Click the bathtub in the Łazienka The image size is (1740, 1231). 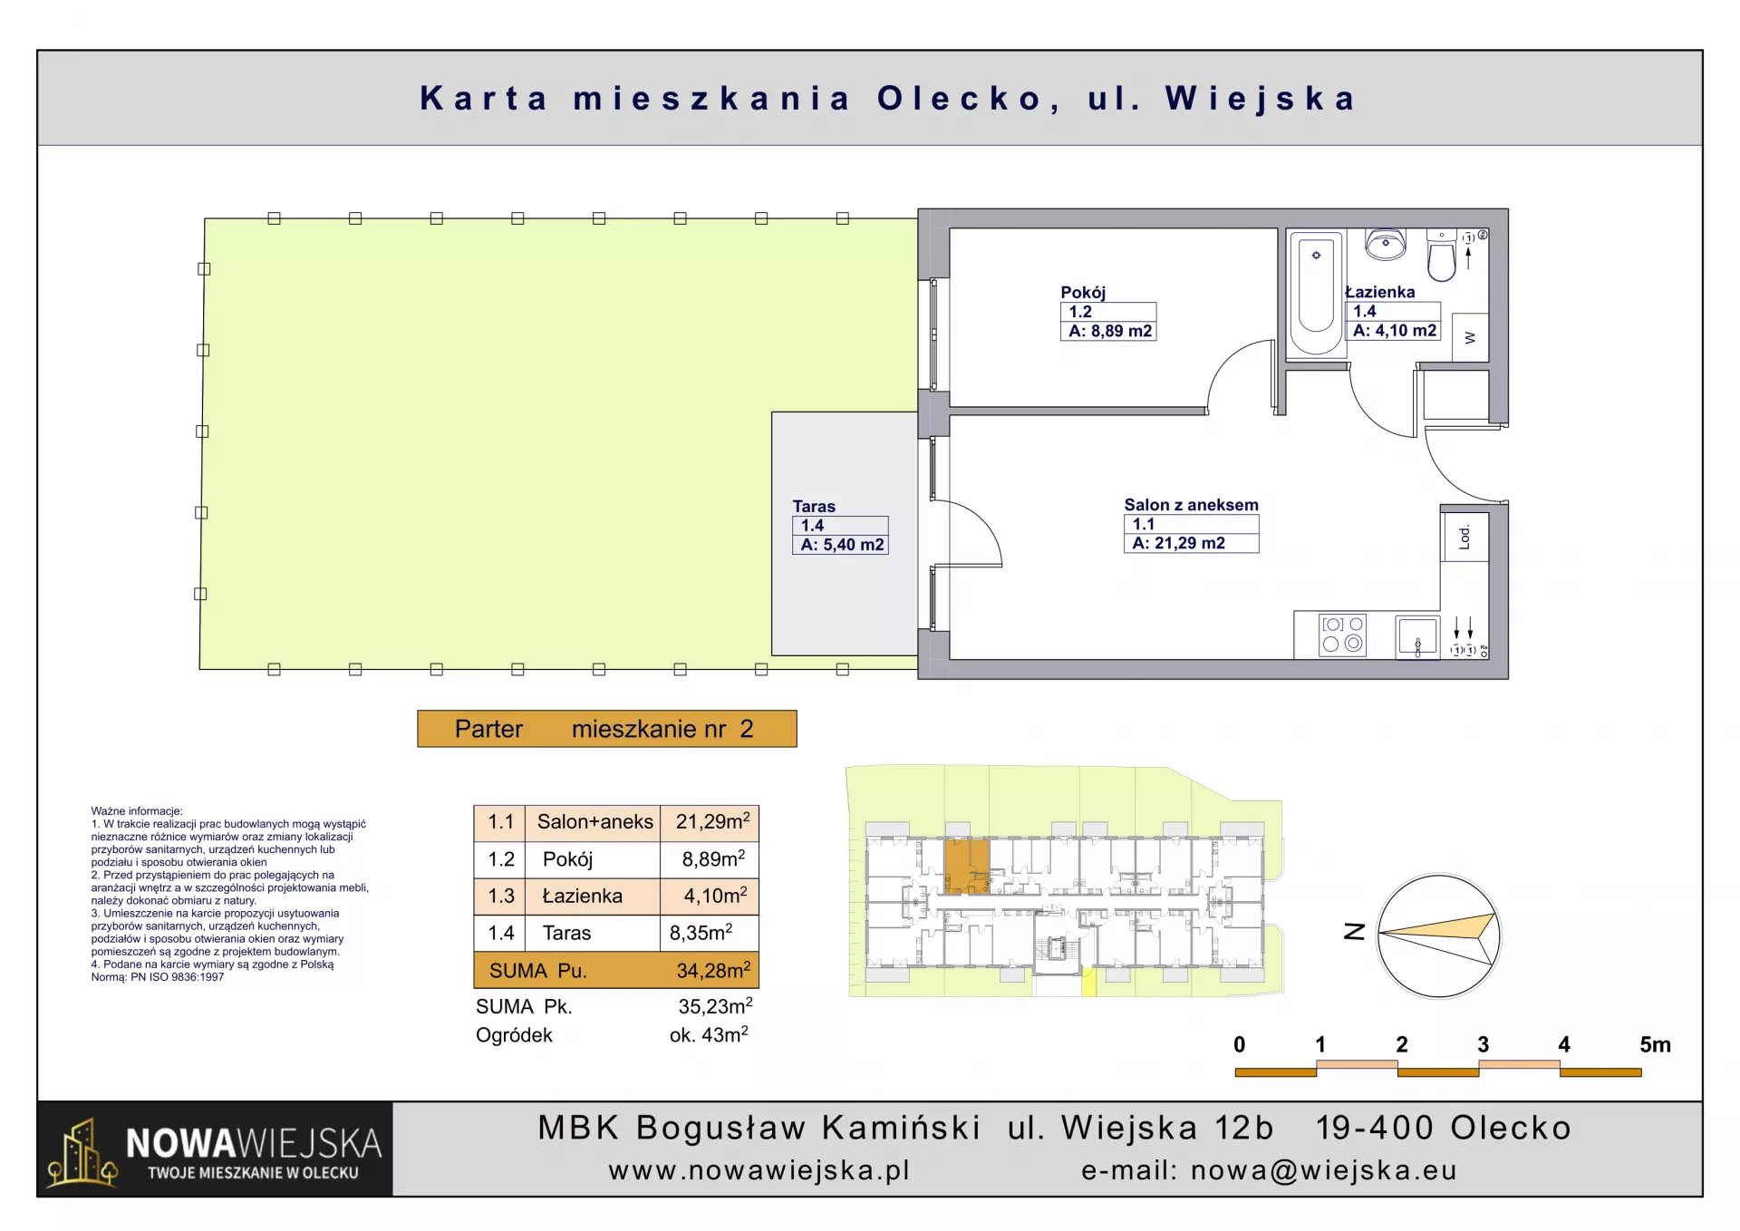(x=1316, y=293)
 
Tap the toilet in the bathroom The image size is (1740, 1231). (x=1441, y=255)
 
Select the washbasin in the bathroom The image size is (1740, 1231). (x=1385, y=244)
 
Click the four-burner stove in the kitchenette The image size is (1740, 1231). (x=1342, y=635)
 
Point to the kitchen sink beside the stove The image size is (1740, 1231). (x=1417, y=636)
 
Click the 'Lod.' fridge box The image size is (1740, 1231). (x=1465, y=537)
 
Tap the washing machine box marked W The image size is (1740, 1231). (x=1470, y=337)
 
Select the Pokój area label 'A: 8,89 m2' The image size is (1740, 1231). (x=1110, y=331)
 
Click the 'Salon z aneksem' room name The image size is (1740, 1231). (x=1191, y=505)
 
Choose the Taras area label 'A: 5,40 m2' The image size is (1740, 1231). (x=842, y=545)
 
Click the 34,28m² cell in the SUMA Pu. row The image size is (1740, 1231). (x=713, y=970)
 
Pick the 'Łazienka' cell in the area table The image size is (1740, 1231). (x=582, y=897)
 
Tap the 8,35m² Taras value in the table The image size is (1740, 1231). (x=701, y=933)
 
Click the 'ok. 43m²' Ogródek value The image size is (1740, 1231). (x=709, y=1034)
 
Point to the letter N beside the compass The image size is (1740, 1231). (x=1354, y=931)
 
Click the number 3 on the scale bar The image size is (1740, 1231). (x=1483, y=1044)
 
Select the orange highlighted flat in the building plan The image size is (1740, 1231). (x=967, y=867)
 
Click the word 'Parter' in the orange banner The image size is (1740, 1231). (x=488, y=729)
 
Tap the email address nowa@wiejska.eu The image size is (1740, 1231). (x=1323, y=1170)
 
